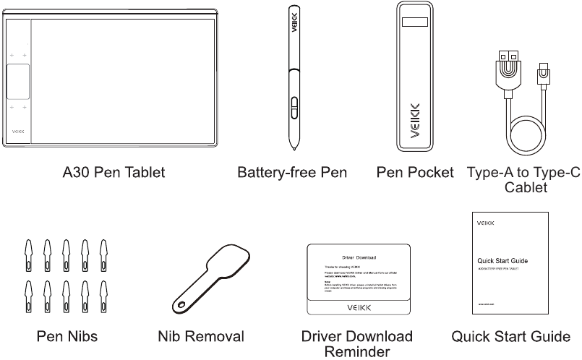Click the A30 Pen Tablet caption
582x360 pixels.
pyautogui.click(x=114, y=173)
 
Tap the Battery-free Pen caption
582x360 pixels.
pyautogui.click(x=292, y=173)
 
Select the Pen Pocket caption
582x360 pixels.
pyautogui.click(x=415, y=173)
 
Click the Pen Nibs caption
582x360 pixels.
pyautogui.click(x=67, y=336)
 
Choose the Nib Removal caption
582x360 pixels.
pyautogui.click(x=201, y=336)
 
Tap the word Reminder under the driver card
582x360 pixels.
pyautogui.click(x=357, y=351)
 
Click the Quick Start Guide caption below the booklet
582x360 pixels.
pyautogui.click(x=510, y=336)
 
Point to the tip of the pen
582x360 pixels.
pyautogui.click(x=294, y=149)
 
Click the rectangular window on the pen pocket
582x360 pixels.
pyautogui.click(x=414, y=22)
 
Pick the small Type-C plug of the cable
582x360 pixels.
pyautogui.click(x=542, y=72)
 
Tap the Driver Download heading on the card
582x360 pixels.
pyautogui.click(x=358, y=257)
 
